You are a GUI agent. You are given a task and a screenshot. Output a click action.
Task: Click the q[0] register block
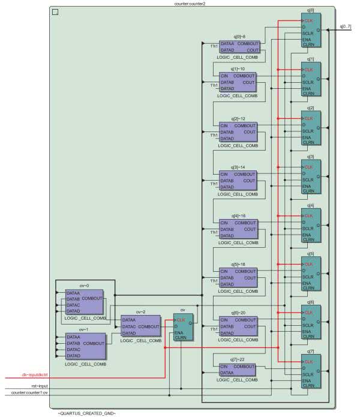point(311,30)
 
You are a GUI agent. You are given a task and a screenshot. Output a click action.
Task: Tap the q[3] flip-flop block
point(311,178)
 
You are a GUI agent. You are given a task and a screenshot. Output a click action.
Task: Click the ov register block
point(184,327)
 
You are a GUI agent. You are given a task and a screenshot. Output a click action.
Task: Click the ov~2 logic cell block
point(141,327)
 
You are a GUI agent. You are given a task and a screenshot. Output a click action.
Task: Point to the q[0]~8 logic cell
point(239,47)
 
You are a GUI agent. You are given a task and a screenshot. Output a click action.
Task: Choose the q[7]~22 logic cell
point(238,369)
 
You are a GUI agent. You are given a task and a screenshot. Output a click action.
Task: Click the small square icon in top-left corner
point(55,12)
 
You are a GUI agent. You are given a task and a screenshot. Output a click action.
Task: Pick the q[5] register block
point(311,275)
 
